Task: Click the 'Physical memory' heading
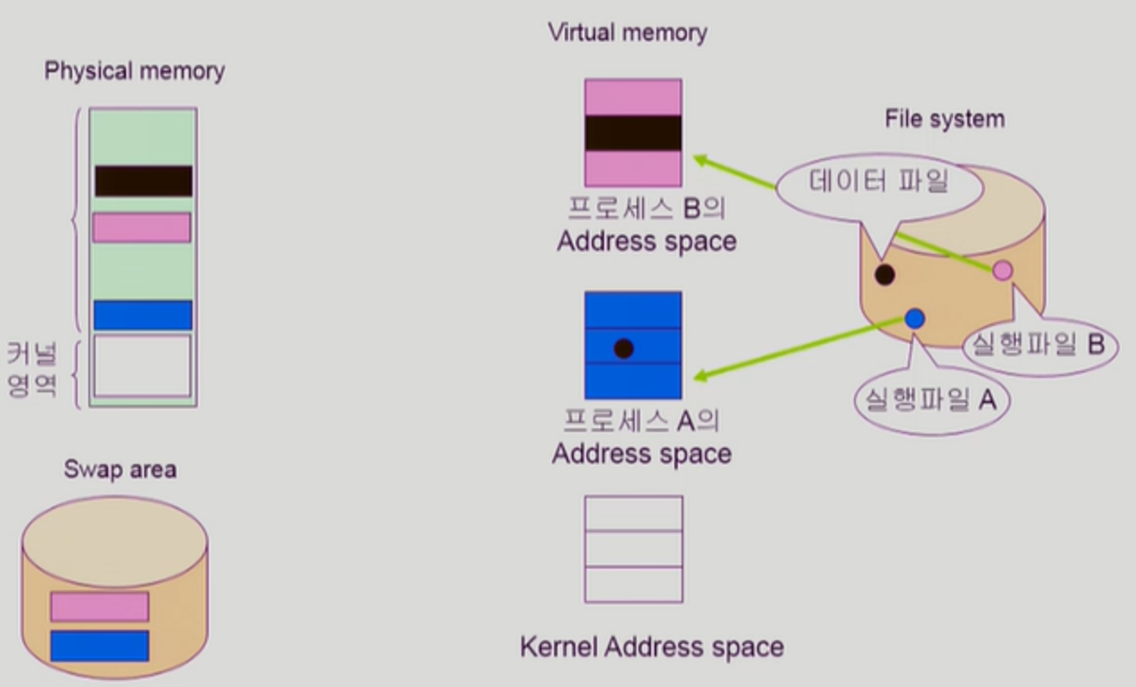click(x=135, y=72)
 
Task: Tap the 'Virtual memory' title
click(x=628, y=32)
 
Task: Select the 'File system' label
click(x=945, y=119)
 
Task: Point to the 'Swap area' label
click(x=120, y=470)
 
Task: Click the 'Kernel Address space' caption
click(x=651, y=647)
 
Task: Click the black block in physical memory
click(x=143, y=181)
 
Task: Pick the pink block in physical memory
click(x=142, y=228)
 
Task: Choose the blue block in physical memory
click(x=143, y=315)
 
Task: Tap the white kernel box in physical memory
click(x=142, y=366)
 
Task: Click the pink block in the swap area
click(x=100, y=606)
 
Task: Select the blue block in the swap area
click(x=100, y=646)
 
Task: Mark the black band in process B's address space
click(x=633, y=134)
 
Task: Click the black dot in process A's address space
click(x=624, y=348)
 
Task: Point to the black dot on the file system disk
click(x=884, y=275)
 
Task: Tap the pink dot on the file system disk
click(x=1003, y=270)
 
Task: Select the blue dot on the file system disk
click(x=914, y=319)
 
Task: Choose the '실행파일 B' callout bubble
click(x=1039, y=345)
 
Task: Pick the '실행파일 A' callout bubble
click(x=931, y=400)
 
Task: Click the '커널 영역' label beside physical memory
click(x=32, y=369)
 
